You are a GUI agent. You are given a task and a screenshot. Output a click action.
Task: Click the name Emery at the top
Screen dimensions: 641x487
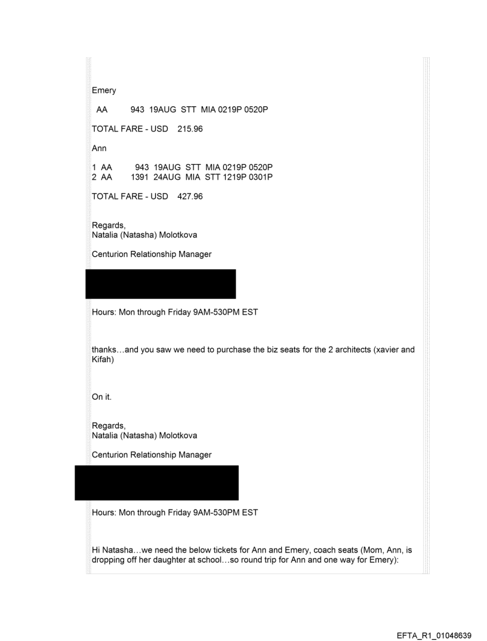tap(104, 91)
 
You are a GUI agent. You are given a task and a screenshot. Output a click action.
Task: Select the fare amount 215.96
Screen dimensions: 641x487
tap(190, 129)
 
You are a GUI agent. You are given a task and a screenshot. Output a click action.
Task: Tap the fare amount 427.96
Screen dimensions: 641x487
tap(190, 196)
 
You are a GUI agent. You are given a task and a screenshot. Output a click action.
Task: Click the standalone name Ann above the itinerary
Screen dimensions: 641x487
tap(98, 148)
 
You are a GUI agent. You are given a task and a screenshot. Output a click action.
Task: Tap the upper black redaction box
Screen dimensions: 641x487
tap(161, 284)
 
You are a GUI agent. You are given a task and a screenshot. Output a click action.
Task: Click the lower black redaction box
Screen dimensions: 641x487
tap(156, 483)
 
